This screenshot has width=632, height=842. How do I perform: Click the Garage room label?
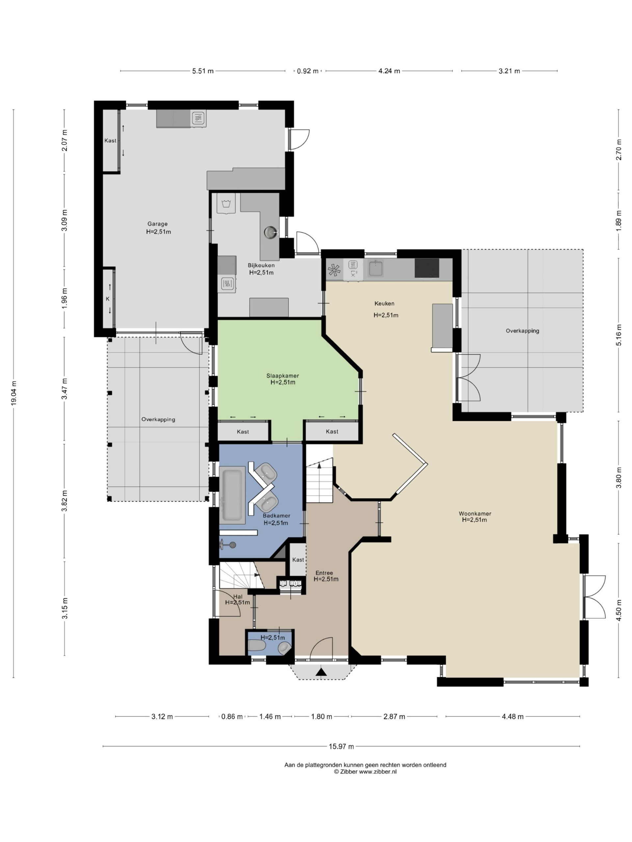coord(157,224)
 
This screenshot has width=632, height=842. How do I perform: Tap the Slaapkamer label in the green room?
coord(283,376)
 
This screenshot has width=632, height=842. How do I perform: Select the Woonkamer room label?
coord(475,513)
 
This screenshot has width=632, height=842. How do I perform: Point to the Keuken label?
coord(384,303)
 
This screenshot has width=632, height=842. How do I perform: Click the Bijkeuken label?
coord(261,265)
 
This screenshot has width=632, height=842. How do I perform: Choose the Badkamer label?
coord(276,516)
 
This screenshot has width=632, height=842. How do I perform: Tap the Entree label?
coord(324,573)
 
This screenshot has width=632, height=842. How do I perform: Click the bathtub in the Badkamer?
coord(232,495)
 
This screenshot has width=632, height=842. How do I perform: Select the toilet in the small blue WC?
coord(257,645)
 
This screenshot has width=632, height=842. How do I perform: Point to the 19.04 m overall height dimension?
coord(14,394)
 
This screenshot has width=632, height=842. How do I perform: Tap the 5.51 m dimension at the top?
coord(203,71)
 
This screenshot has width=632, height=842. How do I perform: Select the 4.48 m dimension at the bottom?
coord(513,717)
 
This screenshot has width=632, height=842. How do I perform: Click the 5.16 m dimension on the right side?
coord(619,335)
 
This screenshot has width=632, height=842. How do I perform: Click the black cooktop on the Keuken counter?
coord(427,268)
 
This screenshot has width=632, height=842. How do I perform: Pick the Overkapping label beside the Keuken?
coord(522,331)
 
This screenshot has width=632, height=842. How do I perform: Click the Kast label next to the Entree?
coord(298,559)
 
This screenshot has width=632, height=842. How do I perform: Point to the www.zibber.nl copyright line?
coord(365,772)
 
